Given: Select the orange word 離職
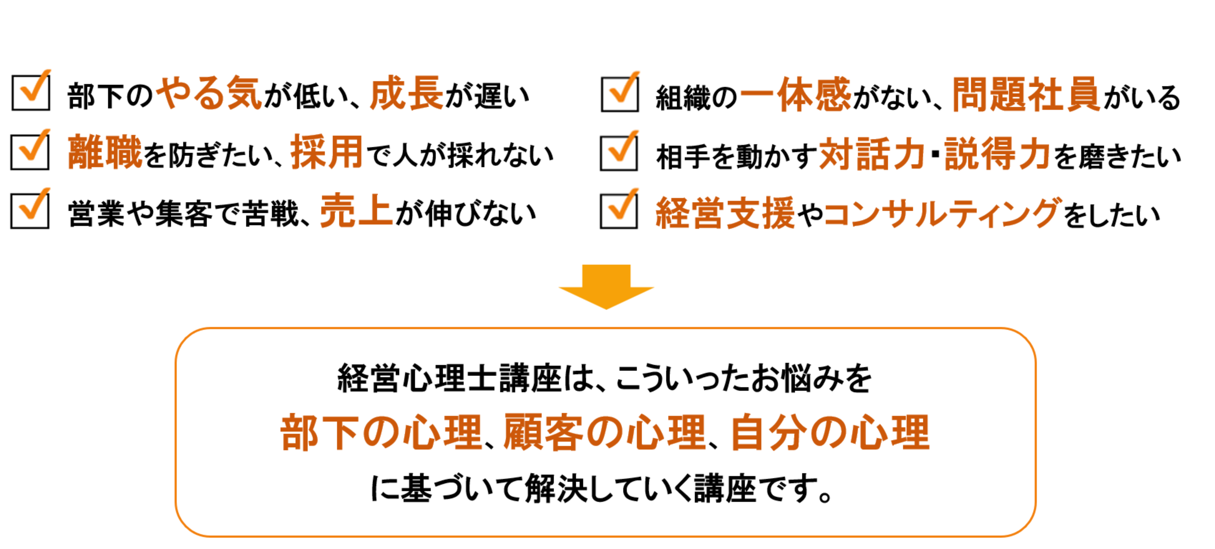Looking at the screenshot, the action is (105, 152).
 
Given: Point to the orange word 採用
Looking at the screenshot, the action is (326, 152).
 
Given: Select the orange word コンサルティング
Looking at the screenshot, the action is (943, 213).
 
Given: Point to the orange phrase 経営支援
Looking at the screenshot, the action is (725, 213).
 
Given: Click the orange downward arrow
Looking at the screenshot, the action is (606, 286).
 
